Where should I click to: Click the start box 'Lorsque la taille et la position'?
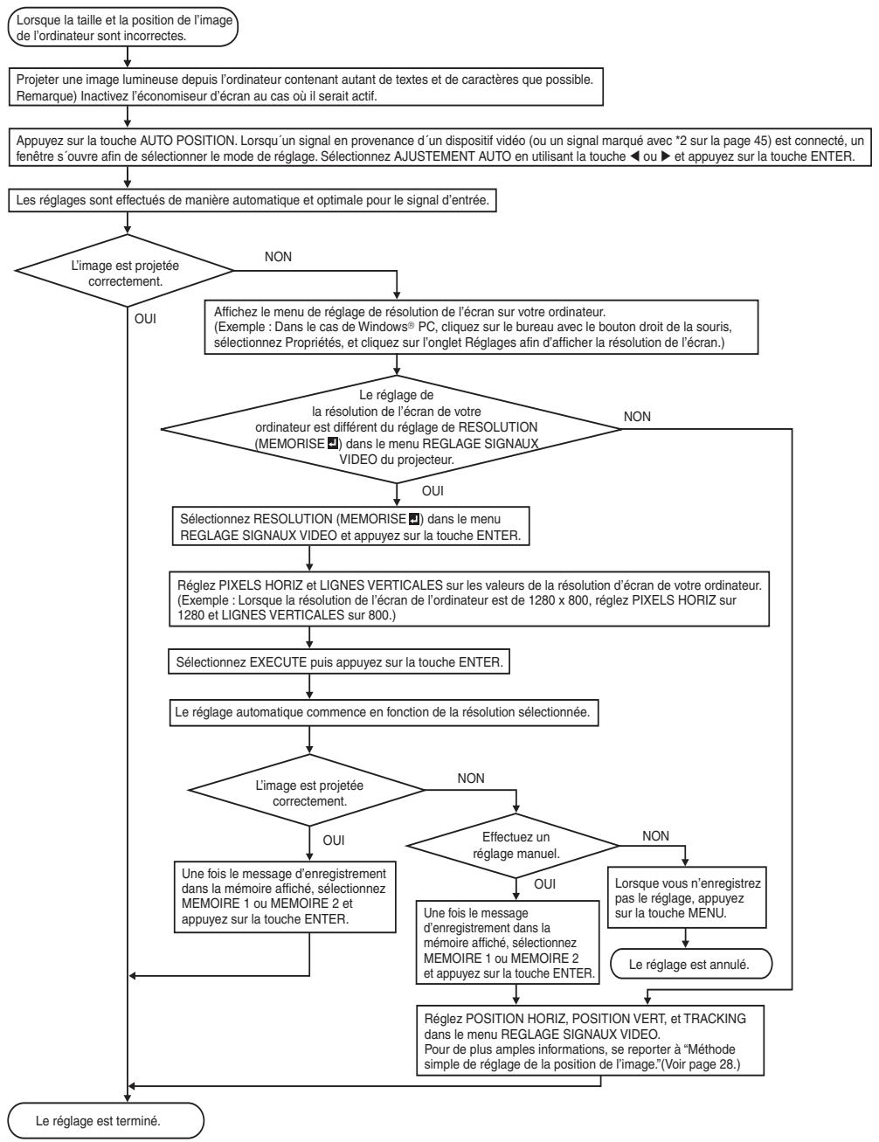point(123,27)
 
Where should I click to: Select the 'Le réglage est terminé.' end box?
point(106,1120)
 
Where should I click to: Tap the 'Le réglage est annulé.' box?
point(691,965)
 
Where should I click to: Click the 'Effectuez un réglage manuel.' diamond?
point(513,845)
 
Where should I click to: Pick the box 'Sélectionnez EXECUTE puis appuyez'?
point(339,661)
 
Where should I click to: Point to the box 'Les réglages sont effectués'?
point(253,200)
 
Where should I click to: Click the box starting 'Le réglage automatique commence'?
point(384,712)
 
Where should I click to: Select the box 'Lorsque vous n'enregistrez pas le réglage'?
point(687,897)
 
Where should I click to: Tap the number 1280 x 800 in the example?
point(558,600)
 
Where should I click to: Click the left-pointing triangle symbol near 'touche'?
point(634,156)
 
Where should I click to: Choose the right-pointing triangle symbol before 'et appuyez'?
point(665,156)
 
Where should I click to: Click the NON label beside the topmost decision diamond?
point(278,257)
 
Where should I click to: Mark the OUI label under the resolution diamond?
point(433,490)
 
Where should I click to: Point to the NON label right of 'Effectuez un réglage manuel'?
point(655,835)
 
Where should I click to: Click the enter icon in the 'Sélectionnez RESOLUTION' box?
point(414,520)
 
